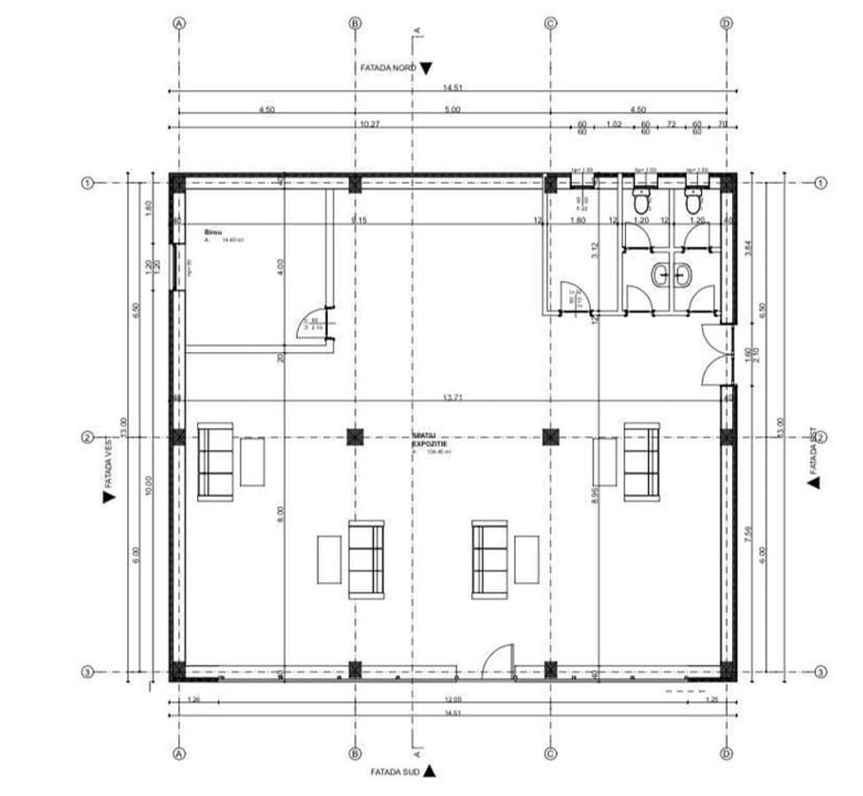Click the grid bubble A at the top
(179, 24)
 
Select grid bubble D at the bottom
(727, 754)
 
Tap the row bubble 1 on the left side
(88, 183)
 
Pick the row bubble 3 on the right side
(821, 672)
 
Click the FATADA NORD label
(387, 67)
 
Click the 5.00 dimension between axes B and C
(453, 110)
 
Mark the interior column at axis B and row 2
(355, 436)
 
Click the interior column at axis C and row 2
(550, 436)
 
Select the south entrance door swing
(498, 659)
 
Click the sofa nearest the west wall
(215, 462)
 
